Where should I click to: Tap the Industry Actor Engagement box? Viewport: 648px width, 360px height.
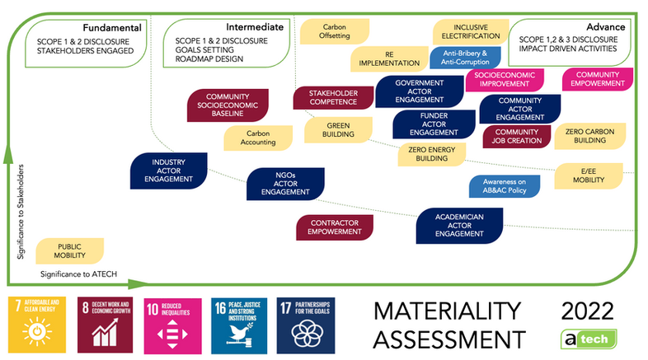coord(167,171)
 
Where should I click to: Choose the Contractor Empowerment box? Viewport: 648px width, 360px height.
coord(335,227)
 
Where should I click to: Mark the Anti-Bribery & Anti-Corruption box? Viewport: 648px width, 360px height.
coord(466,58)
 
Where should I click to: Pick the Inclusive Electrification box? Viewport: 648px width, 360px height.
coord(466,32)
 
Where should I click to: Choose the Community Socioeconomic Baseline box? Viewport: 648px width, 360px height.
coord(222,108)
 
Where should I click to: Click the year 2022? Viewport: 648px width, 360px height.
coord(586,311)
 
